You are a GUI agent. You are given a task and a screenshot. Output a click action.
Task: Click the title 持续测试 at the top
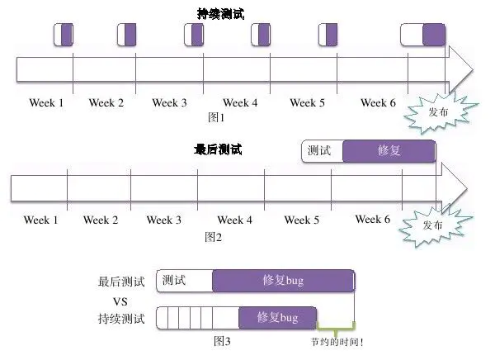tap(221, 13)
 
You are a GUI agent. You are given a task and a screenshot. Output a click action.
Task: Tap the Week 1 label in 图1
tap(46, 103)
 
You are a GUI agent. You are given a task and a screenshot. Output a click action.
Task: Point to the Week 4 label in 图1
tap(240, 103)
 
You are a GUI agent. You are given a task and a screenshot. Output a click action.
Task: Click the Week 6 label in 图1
tap(379, 103)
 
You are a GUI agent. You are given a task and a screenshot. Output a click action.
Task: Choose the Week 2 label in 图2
tap(101, 220)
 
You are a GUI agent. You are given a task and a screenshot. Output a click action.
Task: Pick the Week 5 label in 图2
tap(302, 220)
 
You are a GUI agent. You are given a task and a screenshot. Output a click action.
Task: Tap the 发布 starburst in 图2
tap(433, 225)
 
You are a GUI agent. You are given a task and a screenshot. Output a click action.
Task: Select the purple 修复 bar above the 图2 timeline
tap(388, 151)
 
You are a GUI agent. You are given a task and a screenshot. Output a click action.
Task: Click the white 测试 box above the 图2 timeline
tap(321, 151)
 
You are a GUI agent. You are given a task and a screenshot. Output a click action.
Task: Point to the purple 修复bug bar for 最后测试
tap(283, 281)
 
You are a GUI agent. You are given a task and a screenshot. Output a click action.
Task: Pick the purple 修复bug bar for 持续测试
tap(278, 317)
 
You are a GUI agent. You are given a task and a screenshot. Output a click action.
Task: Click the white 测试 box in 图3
tap(183, 281)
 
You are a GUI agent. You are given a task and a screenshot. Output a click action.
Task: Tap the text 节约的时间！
tap(337, 341)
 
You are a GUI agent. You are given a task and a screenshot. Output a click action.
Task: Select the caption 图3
tap(222, 340)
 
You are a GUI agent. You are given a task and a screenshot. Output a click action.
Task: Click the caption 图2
tap(214, 237)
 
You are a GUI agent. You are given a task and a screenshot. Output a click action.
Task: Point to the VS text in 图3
tap(120, 300)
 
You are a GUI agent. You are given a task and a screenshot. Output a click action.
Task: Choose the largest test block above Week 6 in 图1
tap(422, 35)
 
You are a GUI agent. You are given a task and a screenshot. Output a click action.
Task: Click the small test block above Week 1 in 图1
tap(64, 35)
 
